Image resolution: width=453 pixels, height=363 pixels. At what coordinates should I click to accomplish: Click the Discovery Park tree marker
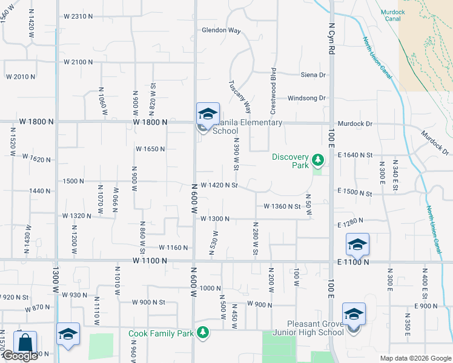point(318,161)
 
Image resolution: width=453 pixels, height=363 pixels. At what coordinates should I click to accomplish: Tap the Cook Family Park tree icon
point(203,333)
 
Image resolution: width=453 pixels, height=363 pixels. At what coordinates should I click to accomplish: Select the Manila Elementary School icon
point(207,114)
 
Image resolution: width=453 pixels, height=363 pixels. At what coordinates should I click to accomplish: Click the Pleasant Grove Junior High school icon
point(354,315)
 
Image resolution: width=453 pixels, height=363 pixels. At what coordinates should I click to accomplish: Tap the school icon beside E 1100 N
point(357,244)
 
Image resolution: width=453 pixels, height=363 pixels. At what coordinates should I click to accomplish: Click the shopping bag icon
point(25,342)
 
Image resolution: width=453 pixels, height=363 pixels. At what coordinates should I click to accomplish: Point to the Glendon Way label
point(221,30)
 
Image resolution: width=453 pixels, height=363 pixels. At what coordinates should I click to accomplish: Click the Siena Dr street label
point(313,75)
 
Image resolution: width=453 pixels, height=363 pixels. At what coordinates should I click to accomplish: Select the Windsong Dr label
point(306,98)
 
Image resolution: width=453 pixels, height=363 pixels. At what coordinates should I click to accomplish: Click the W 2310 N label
point(78,16)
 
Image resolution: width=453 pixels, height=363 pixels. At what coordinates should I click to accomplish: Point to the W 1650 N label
point(151,149)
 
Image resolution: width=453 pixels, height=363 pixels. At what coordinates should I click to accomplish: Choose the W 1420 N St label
point(219,185)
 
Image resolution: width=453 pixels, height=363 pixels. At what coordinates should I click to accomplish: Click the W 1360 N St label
point(282,206)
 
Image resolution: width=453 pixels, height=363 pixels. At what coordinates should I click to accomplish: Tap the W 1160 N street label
point(173,247)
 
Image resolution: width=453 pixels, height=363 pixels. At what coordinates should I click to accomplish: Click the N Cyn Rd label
point(332,40)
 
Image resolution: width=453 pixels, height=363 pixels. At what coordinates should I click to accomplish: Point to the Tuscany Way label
point(239,97)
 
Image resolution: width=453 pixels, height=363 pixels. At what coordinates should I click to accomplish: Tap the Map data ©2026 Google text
point(415,358)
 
